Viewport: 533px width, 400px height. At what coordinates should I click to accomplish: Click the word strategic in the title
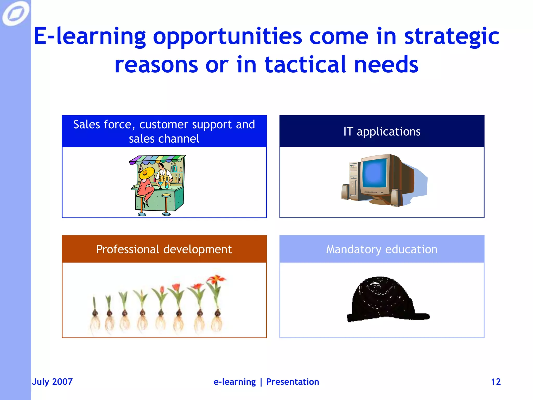click(x=452, y=36)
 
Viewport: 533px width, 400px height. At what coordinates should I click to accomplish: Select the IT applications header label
click(x=382, y=132)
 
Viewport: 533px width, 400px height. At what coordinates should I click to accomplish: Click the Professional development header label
click(x=164, y=249)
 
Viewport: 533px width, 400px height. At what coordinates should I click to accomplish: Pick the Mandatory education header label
click(x=382, y=249)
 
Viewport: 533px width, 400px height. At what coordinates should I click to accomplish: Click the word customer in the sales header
click(x=163, y=124)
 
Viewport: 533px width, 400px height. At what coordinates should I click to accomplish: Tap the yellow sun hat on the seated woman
click(x=147, y=173)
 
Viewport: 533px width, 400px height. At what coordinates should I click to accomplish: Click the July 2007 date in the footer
click(x=52, y=382)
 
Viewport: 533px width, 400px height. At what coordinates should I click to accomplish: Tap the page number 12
click(x=496, y=382)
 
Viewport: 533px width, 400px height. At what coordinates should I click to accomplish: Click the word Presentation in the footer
click(x=293, y=382)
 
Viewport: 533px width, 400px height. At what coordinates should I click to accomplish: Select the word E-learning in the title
click(x=90, y=36)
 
